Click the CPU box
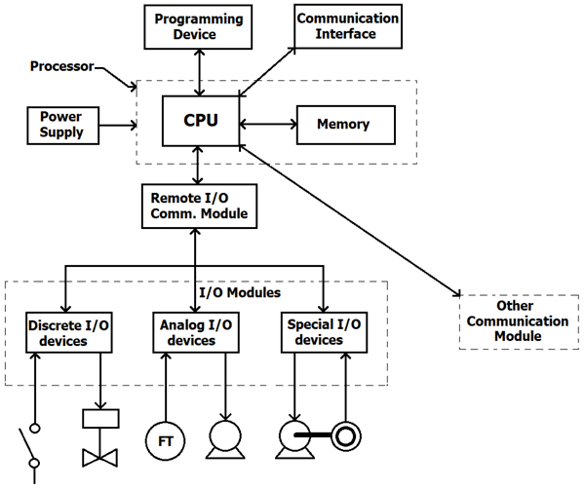coord(200,124)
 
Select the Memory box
coord(343,125)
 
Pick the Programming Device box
coord(199,27)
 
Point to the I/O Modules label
coord(239,292)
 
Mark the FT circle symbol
coord(166,441)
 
